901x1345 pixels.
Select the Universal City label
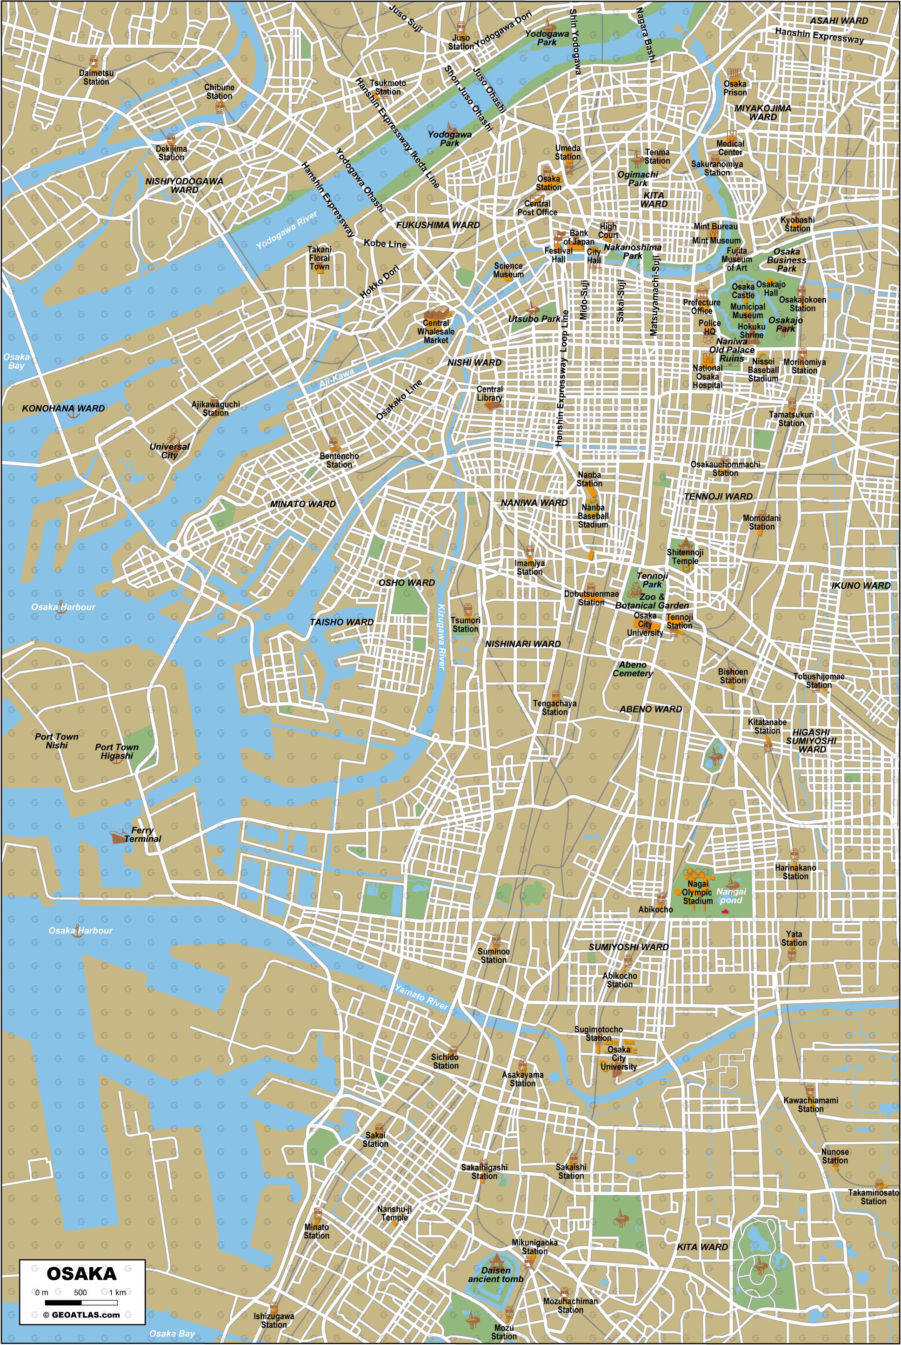tap(169, 451)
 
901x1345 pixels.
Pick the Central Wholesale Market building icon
tap(436, 314)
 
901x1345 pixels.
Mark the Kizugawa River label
tap(440, 636)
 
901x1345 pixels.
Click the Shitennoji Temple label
tap(685, 557)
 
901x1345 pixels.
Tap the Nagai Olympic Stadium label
tap(697, 893)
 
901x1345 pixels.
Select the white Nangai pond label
tap(731, 895)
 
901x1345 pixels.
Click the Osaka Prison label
tap(735, 88)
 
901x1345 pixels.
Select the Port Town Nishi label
tap(57, 741)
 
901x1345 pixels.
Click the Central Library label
tap(490, 393)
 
